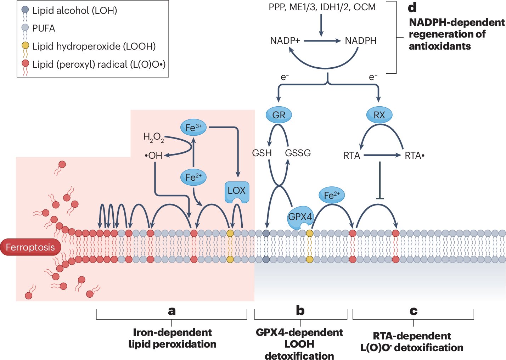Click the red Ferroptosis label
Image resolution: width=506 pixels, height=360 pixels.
click(x=30, y=247)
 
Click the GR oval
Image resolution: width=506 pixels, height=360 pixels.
click(x=279, y=115)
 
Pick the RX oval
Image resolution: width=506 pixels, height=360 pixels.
click(x=379, y=115)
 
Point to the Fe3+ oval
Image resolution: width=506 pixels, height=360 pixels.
click(x=193, y=128)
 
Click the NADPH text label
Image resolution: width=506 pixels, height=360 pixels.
click(x=361, y=41)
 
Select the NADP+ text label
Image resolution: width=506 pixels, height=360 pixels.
click(x=285, y=41)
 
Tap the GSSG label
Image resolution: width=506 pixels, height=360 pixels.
click(x=298, y=153)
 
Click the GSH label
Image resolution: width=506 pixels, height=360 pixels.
click(x=262, y=153)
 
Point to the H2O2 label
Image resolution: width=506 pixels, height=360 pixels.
click(x=154, y=137)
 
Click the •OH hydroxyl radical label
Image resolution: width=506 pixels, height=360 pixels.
click(x=154, y=156)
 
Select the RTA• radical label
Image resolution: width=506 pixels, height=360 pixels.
click(x=415, y=156)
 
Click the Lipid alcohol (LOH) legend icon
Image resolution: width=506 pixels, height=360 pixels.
click(x=25, y=13)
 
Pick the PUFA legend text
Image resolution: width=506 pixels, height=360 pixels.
click(x=44, y=28)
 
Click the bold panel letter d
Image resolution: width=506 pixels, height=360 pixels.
click(x=412, y=8)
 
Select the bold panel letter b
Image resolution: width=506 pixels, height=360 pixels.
click(x=300, y=310)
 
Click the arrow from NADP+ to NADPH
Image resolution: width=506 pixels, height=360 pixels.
click(x=322, y=41)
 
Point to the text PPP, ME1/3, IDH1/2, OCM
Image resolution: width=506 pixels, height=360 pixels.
click(x=322, y=7)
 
